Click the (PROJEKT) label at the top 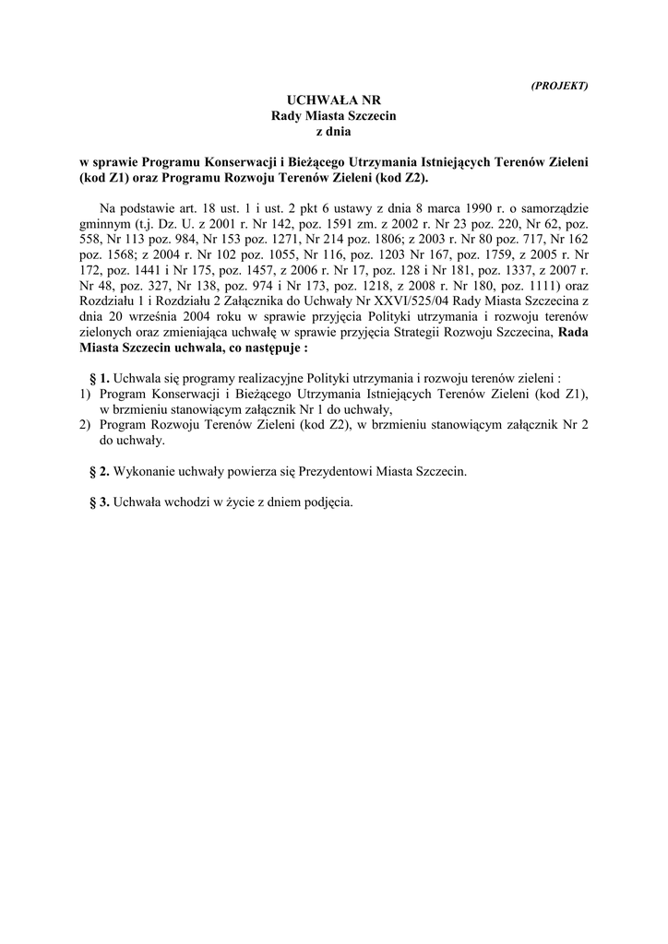click(x=560, y=85)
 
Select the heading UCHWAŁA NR click(x=333, y=100)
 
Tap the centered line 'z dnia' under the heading click(x=333, y=132)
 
